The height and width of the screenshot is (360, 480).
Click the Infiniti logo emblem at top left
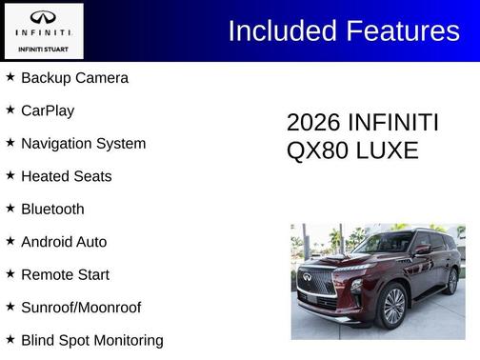tap(43, 17)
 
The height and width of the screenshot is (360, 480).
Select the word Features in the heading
tap(400, 30)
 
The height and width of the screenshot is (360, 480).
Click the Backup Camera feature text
tap(74, 78)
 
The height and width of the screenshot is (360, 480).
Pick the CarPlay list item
tap(48, 110)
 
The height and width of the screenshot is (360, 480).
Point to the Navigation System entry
tap(83, 144)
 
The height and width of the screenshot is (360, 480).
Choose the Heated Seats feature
tap(66, 176)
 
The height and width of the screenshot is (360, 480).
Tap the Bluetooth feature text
tap(52, 210)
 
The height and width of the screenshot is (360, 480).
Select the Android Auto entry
tap(64, 242)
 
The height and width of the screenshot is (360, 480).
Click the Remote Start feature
tap(65, 274)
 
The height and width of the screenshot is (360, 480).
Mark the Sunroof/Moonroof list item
tap(81, 308)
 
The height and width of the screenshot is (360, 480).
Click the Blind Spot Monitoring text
tap(91, 340)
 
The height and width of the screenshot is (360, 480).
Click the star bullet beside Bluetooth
tap(10, 208)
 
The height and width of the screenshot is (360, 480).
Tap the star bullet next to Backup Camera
tap(10, 76)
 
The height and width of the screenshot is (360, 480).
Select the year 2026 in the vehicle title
tap(313, 123)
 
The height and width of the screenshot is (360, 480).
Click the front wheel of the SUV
tap(393, 307)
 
